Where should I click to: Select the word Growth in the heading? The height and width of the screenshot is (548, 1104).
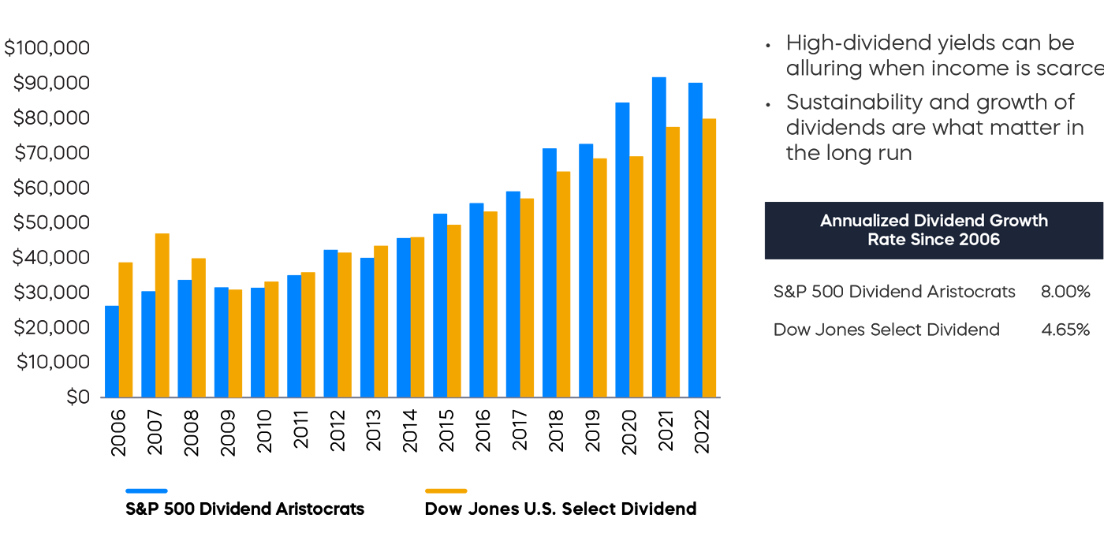pyautogui.click(x=1019, y=221)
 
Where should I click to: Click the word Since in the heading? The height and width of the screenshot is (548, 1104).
pyautogui.click(x=931, y=240)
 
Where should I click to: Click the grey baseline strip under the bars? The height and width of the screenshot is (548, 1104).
pyautogui.click(x=442, y=402)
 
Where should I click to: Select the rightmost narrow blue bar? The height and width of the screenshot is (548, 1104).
pyautogui.click(x=694, y=260)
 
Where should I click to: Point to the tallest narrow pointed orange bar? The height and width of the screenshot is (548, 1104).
pyautogui.click(x=676, y=260)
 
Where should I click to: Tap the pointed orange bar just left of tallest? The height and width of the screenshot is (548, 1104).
pyautogui.click(x=639, y=276)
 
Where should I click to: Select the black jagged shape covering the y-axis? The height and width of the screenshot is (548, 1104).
pyautogui.click(x=47, y=237)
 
